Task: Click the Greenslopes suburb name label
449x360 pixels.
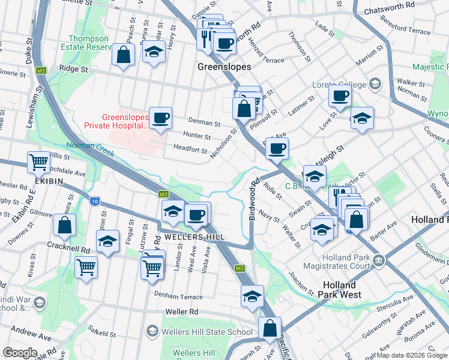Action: [224, 67]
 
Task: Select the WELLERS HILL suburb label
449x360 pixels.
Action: [191, 237]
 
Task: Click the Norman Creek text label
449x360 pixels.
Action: [89, 146]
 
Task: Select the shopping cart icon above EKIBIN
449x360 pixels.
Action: [38, 161]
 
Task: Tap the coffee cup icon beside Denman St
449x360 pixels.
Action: [160, 118]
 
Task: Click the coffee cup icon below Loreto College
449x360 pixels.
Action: [340, 95]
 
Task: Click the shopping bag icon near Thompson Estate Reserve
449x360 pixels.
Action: [123, 55]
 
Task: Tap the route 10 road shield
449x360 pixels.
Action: [95, 201]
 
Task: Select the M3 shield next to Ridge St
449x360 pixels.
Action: [41, 70]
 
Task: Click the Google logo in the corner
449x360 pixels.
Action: [20, 353]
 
